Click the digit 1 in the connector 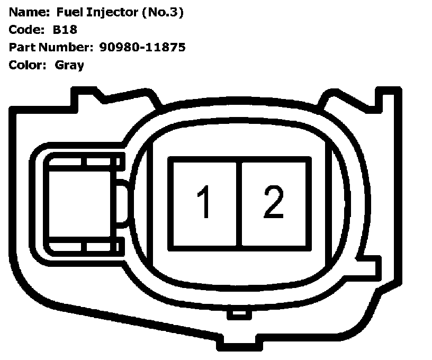point(204,203)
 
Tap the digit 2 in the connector point(274,202)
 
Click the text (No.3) point(163,12)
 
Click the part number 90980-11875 point(142,47)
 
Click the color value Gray point(69,65)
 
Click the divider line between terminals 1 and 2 point(239,203)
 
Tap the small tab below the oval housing point(239,314)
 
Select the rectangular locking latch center point(79,203)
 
